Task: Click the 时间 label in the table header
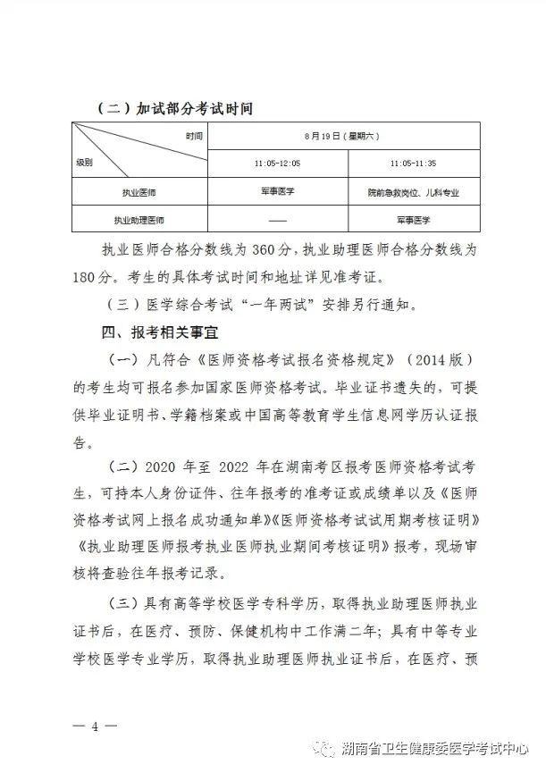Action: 194,136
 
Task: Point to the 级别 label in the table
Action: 85,164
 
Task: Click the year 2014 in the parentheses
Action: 421,360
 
